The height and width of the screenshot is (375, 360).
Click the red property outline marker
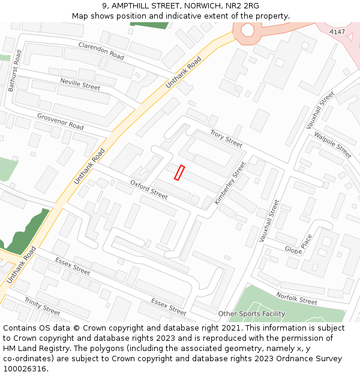[x=179, y=173]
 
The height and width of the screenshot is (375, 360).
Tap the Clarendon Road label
[x=101, y=50]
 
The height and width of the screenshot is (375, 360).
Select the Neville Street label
[x=80, y=84]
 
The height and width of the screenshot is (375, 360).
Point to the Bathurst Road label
[x=15, y=71]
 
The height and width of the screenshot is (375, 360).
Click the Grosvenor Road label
[x=60, y=122]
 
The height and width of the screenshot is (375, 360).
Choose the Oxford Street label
[x=149, y=190]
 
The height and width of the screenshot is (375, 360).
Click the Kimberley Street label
[x=230, y=183]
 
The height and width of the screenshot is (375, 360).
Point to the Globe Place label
[x=298, y=244]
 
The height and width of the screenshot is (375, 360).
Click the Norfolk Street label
[x=296, y=298]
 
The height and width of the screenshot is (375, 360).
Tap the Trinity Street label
[x=42, y=306]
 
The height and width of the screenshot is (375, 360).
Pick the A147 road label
[x=337, y=31]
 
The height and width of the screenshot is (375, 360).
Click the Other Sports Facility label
[x=251, y=314]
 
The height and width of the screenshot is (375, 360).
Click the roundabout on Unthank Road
[x=247, y=29]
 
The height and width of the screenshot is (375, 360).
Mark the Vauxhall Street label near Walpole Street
[x=319, y=110]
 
